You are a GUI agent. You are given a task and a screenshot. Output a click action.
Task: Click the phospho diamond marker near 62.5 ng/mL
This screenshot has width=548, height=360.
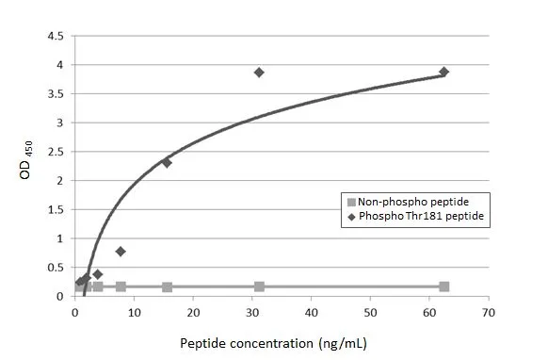pyautogui.click(x=443, y=72)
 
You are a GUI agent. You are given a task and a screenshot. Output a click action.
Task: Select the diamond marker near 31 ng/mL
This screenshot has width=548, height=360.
pyautogui.click(x=259, y=73)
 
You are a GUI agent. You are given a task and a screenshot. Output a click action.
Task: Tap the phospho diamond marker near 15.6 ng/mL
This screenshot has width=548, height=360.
pyautogui.click(x=167, y=162)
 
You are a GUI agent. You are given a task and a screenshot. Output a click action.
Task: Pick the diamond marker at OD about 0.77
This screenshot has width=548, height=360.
pyautogui.click(x=121, y=252)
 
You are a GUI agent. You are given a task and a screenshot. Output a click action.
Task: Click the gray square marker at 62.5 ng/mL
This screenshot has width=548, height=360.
pyautogui.click(x=443, y=286)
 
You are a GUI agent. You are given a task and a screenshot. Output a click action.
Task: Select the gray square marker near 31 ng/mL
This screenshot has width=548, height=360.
pyautogui.click(x=259, y=286)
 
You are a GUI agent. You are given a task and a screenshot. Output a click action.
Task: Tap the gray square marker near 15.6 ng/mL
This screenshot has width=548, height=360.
pyautogui.click(x=167, y=286)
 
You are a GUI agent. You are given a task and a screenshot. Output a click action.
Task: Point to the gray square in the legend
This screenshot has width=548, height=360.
pyautogui.click(x=352, y=202)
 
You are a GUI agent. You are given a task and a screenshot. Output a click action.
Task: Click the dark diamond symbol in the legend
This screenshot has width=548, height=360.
pyautogui.click(x=352, y=217)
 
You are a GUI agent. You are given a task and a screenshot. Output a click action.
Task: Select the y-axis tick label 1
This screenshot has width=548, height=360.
pyautogui.click(x=60, y=238)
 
